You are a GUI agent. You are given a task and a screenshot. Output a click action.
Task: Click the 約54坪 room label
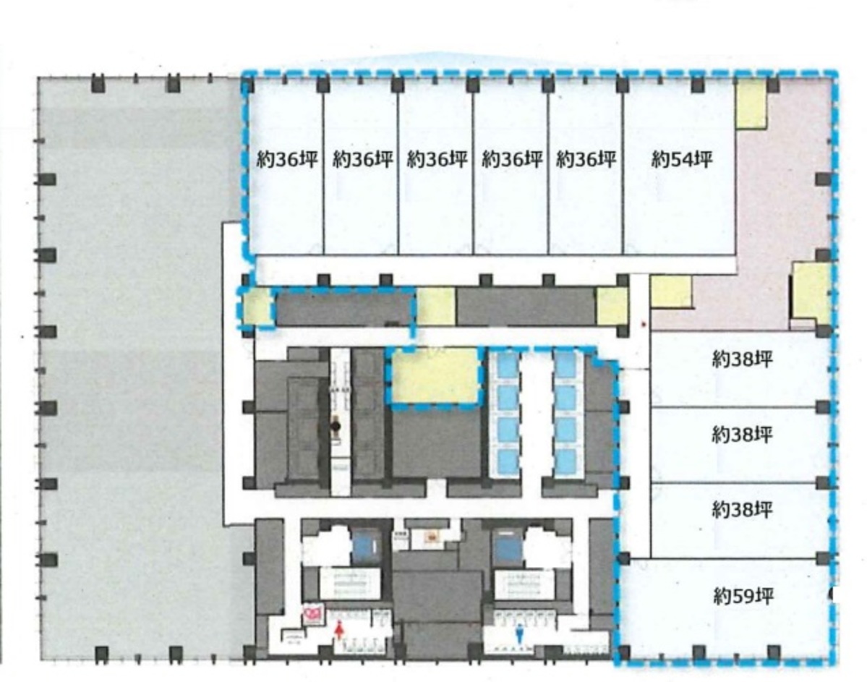(x=681, y=159)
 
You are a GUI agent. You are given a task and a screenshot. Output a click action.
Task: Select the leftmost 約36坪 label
(x=287, y=159)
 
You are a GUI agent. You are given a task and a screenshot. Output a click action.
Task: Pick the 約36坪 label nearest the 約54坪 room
(x=586, y=159)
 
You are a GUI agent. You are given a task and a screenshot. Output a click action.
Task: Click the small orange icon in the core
(x=433, y=536)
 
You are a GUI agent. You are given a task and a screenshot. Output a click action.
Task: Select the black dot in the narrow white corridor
(x=336, y=427)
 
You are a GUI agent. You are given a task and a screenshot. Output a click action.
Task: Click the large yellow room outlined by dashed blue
(x=435, y=375)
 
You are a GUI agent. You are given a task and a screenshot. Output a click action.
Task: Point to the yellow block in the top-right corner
(x=750, y=105)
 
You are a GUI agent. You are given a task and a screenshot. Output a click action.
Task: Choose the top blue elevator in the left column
(x=507, y=364)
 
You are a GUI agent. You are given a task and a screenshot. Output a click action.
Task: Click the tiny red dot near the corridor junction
(x=643, y=323)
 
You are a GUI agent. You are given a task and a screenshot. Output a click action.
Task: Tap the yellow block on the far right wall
(x=810, y=291)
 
